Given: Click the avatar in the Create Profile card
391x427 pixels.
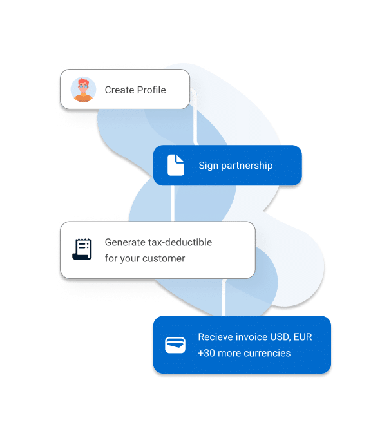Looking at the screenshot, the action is [x=83, y=90].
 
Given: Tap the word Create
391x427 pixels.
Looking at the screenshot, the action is [x=120, y=90].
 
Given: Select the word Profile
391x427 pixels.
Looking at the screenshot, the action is [x=151, y=90].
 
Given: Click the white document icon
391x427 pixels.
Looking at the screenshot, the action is [x=176, y=165].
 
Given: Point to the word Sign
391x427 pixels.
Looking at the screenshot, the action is [x=208, y=166].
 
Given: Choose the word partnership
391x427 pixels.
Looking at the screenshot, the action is [x=247, y=166].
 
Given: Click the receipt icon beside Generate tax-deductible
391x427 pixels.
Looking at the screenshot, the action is [x=82, y=249].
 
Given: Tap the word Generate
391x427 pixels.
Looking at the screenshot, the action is [x=125, y=242].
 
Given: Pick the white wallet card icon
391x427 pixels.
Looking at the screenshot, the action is [x=175, y=345].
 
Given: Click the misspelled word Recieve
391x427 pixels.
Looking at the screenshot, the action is [x=215, y=337].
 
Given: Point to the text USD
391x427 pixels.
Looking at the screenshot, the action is [x=276, y=337].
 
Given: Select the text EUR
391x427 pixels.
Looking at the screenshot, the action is [x=303, y=337].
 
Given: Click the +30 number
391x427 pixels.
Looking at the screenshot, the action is [x=207, y=353].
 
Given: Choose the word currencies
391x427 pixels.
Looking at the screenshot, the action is [x=267, y=353].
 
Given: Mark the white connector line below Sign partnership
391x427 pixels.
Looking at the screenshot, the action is [x=173, y=204].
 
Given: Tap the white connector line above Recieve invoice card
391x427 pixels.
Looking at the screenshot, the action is [x=224, y=298].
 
